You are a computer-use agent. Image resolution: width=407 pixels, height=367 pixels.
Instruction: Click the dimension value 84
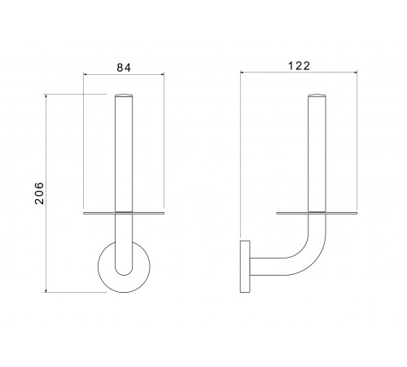click(x=124, y=68)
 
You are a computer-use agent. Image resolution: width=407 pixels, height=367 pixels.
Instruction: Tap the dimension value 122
click(x=299, y=66)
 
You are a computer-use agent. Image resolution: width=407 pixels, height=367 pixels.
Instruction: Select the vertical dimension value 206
click(x=39, y=193)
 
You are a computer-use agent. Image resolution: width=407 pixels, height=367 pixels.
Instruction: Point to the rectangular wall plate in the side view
click(x=245, y=267)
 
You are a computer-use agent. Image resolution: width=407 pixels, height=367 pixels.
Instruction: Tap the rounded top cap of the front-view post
click(x=124, y=95)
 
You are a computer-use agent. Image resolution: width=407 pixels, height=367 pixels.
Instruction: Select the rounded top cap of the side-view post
click(x=317, y=95)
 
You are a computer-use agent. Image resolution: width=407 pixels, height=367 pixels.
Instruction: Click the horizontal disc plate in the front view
click(x=124, y=213)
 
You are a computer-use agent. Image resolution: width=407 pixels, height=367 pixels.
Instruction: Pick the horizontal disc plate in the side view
click(x=317, y=213)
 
